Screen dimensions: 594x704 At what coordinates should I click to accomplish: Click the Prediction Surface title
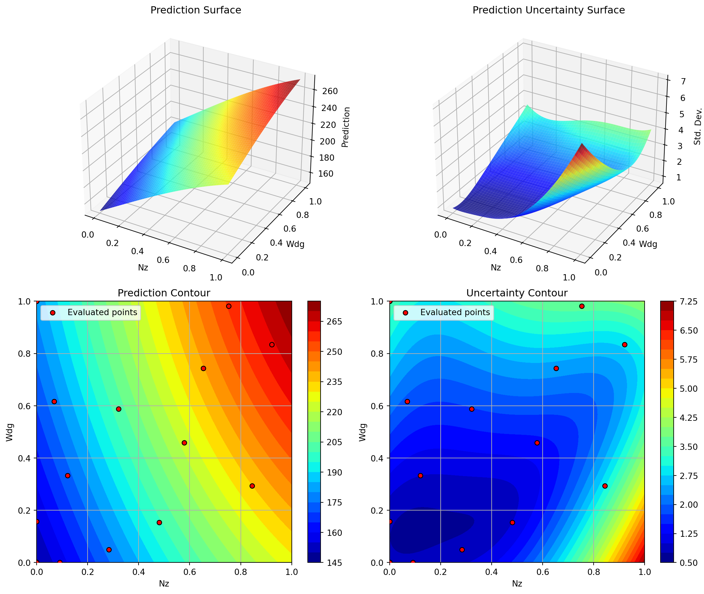click(x=196, y=10)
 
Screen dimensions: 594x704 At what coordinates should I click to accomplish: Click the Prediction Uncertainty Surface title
click(x=548, y=10)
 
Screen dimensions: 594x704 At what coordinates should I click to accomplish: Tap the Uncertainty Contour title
click(x=517, y=293)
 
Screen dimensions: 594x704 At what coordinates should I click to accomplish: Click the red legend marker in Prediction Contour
click(x=53, y=313)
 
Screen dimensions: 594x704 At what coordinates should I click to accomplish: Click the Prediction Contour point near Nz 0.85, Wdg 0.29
click(x=252, y=486)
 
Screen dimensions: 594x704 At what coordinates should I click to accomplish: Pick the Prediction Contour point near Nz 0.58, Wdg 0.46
click(x=184, y=443)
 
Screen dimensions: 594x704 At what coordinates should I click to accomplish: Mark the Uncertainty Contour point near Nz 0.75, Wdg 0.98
click(x=582, y=306)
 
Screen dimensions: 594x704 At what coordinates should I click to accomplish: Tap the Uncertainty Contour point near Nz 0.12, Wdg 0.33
click(x=420, y=476)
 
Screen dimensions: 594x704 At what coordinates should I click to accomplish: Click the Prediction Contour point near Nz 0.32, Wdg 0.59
click(x=119, y=409)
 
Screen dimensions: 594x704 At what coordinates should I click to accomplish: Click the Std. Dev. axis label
click(x=698, y=126)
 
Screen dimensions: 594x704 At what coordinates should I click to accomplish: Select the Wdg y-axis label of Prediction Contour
click(x=9, y=432)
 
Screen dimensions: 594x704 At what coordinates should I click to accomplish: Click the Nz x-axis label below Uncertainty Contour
click(x=517, y=584)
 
